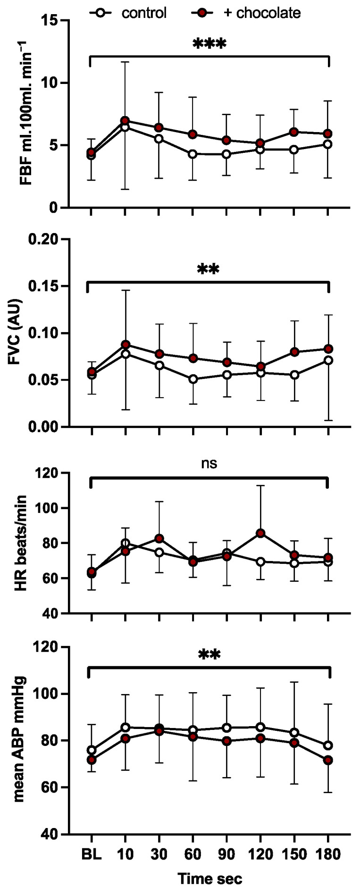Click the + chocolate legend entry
click(x=246, y=13)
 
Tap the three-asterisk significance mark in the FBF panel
click(x=209, y=44)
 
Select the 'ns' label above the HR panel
click(x=209, y=463)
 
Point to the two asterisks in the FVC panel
click(x=209, y=270)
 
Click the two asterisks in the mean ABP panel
click(x=209, y=654)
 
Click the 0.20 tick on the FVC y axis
click(x=46, y=240)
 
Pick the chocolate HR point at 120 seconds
click(x=260, y=533)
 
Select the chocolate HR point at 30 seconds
click(x=159, y=538)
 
